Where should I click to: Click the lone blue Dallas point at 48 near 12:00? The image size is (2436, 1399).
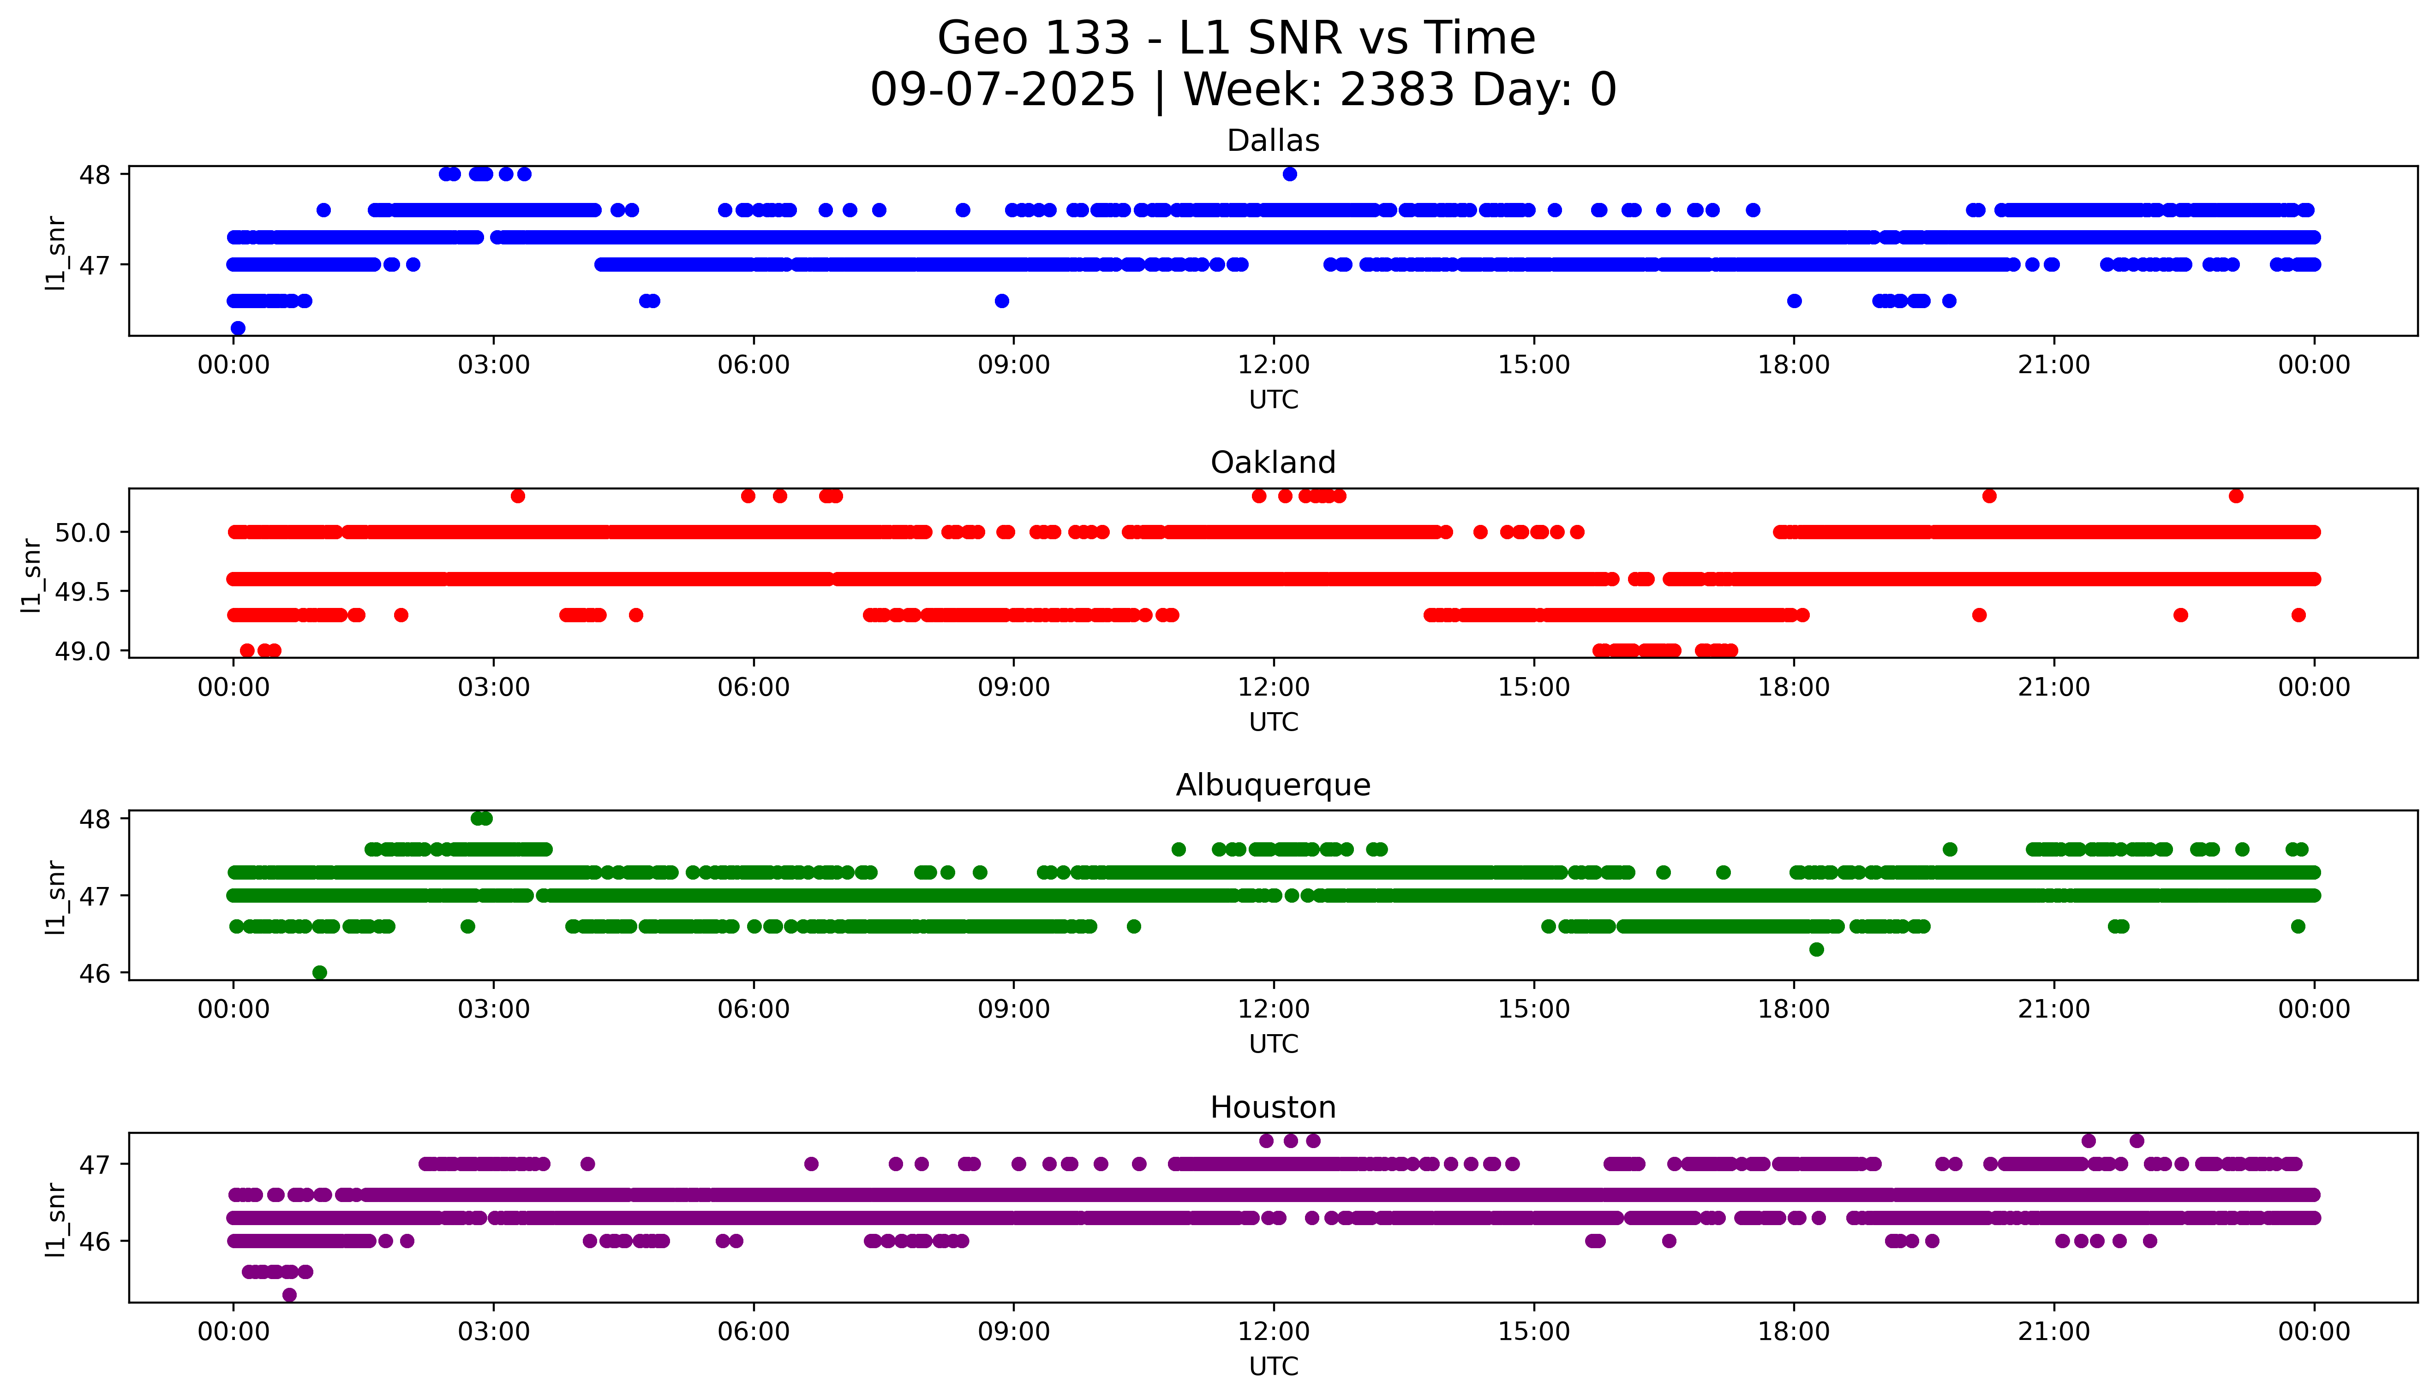pos(1290,174)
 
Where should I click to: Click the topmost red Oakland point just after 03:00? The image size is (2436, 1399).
pos(518,496)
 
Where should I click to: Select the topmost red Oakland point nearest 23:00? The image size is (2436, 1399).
pos(2236,496)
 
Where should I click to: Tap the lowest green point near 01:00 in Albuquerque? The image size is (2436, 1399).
pos(320,972)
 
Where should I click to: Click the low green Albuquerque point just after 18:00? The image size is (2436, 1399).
pos(1816,949)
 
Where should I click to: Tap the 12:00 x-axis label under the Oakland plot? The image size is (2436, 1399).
pos(1273,687)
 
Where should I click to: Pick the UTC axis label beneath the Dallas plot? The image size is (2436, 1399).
pos(1273,400)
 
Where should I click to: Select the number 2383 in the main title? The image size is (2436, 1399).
pos(1397,90)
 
